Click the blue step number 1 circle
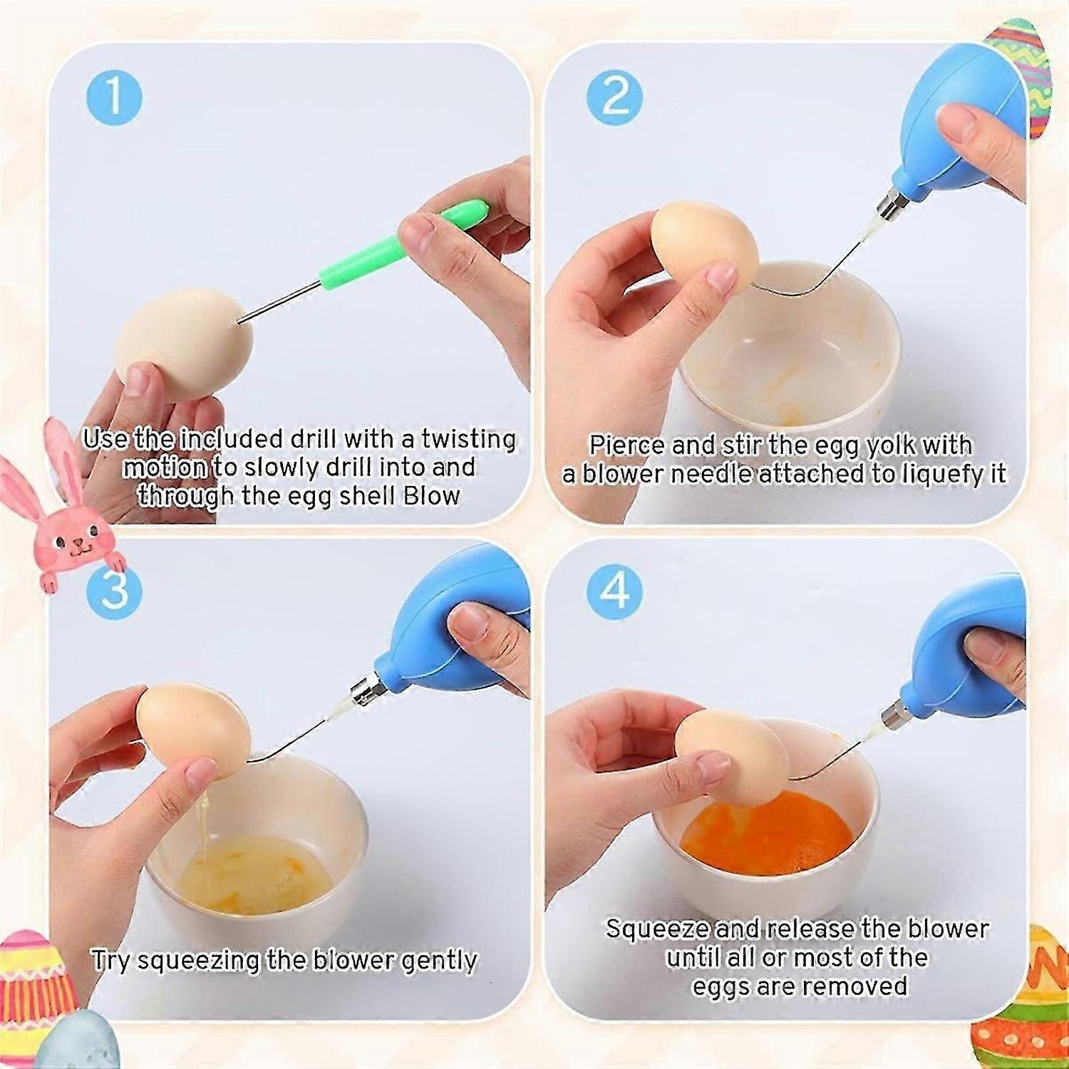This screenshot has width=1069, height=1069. [114, 98]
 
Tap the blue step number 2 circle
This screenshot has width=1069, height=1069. [616, 97]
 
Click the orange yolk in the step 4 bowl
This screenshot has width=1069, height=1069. [766, 834]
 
